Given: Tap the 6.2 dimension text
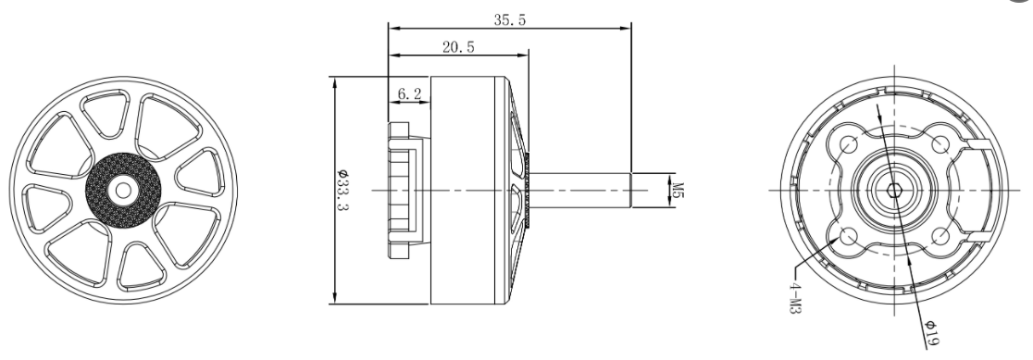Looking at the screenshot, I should pos(410,93).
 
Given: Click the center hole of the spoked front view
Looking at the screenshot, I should pos(121,190).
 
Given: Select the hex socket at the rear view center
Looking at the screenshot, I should pos(894,191).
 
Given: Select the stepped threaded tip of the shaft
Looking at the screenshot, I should pos(648,191).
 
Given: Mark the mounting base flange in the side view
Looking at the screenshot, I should pos(401,191).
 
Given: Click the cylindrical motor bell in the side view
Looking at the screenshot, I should pos(472,191).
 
